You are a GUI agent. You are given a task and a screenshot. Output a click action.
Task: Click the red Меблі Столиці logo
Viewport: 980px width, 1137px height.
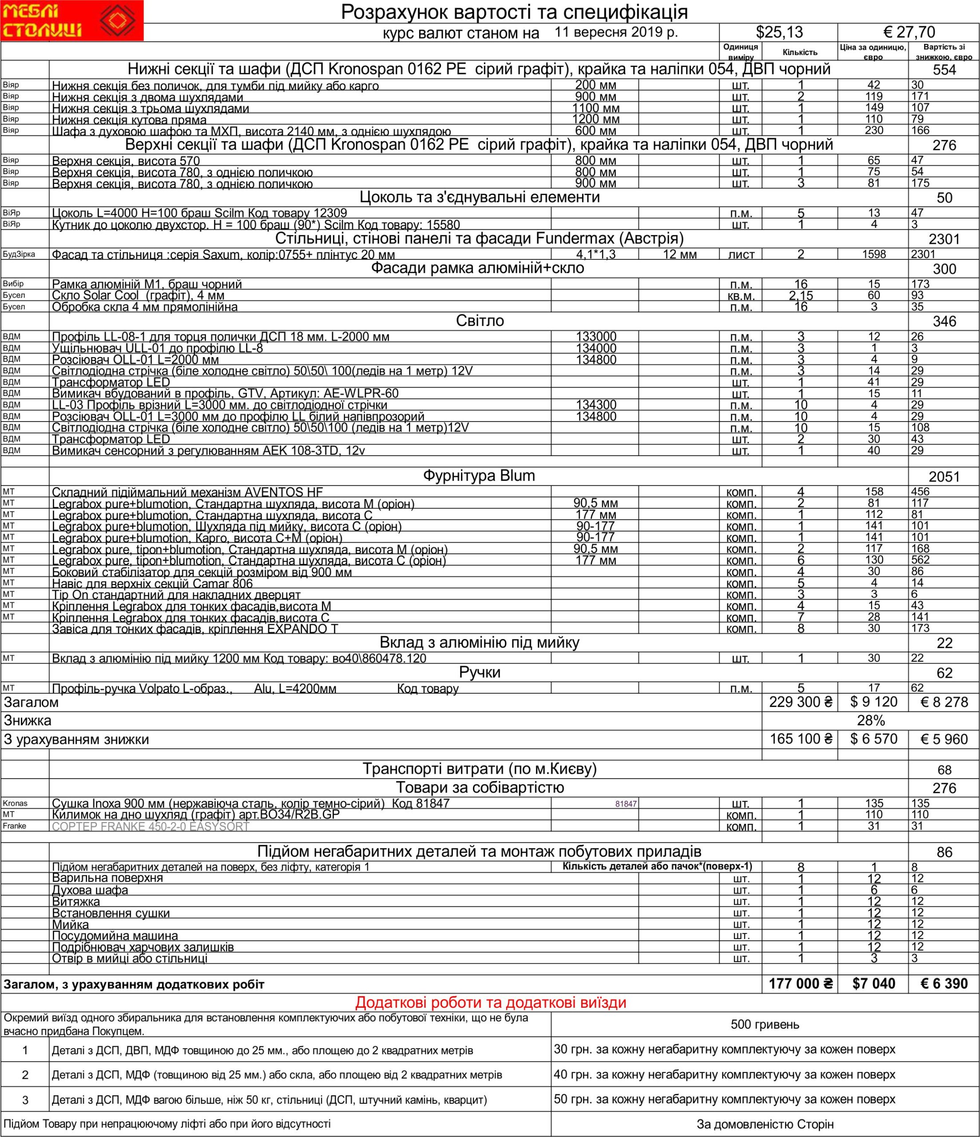coord(71,20)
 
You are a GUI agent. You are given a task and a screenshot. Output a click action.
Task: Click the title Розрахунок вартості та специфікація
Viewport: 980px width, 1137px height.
coord(514,12)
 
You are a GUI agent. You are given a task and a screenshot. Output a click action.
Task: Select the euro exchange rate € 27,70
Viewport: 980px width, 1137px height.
coord(909,32)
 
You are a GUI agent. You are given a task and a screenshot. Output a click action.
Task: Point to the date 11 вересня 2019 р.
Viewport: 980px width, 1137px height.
coord(616,32)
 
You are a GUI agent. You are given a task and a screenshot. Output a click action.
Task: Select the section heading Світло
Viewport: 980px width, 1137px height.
coord(480,321)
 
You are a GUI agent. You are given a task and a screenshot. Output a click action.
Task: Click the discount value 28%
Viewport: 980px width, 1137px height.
coord(871,720)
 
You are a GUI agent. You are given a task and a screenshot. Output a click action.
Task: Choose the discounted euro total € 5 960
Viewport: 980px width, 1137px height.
coord(944,739)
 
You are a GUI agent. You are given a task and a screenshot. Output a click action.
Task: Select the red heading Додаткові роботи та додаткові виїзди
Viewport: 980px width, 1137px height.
coord(491,1002)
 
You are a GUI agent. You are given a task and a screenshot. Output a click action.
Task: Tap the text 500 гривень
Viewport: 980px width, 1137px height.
coord(765,1025)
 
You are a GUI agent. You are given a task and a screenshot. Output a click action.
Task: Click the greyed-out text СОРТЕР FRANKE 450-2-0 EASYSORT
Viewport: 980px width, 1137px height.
coord(151,827)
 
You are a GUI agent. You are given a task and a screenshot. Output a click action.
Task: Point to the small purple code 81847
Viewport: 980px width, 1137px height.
coord(626,804)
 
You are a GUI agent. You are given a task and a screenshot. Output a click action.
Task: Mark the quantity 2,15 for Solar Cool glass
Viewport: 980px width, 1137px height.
coord(801,296)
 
